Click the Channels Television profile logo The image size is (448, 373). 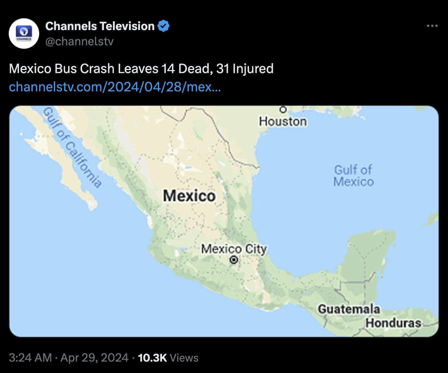click(24, 34)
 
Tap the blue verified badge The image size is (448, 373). click(164, 26)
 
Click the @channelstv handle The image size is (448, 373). click(79, 41)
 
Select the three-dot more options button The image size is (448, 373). click(432, 26)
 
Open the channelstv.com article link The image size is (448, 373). click(115, 87)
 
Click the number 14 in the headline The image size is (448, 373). click(168, 69)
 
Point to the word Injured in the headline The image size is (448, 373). click(253, 69)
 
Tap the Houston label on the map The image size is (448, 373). click(283, 122)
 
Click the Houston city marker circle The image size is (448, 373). click(283, 109)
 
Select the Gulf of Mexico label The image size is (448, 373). click(353, 176)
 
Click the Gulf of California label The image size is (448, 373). click(72, 147)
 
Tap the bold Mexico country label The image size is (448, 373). click(189, 195)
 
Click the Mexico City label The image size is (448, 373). click(234, 249)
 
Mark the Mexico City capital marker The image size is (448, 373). click(234, 260)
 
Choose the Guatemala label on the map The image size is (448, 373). click(349, 309)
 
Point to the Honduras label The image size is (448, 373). click(393, 323)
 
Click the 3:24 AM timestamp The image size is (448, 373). click(30, 358)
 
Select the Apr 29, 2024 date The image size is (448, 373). click(94, 358)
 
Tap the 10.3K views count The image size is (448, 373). click(152, 358)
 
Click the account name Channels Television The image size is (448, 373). click(100, 26)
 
